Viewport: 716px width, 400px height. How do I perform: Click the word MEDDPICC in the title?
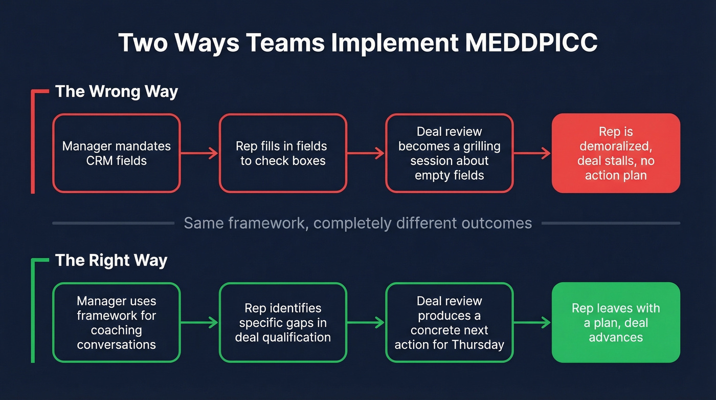(x=531, y=43)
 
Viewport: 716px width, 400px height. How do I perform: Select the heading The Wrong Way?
(x=117, y=92)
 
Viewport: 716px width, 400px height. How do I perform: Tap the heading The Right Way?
(x=111, y=260)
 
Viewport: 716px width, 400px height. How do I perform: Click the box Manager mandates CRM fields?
(x=117, y=153)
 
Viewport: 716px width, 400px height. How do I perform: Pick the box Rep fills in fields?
(x=283, y=153)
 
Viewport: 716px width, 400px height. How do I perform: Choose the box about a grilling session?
(x=449, y=153)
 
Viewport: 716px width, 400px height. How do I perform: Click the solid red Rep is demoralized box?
(x=616, y=153)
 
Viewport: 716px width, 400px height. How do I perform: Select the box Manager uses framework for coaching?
(x=117, y=322)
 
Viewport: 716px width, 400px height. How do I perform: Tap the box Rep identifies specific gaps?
(x=283, y=322)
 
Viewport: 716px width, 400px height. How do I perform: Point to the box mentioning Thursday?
(x=449, y=322)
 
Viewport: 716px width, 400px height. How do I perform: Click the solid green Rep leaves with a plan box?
(x=616, y=322)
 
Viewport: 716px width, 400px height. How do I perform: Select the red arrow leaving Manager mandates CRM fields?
(x=199, y=153)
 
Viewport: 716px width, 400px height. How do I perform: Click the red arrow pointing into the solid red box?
(x=532, y=153)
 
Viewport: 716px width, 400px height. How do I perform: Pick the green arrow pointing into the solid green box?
(x=532, y=322)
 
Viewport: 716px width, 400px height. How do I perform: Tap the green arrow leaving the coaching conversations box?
(x=199, y=322)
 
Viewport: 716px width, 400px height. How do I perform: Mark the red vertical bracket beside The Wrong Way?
(x=33, y=143)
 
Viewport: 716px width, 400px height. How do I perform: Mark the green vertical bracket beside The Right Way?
(x=33, y=312)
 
